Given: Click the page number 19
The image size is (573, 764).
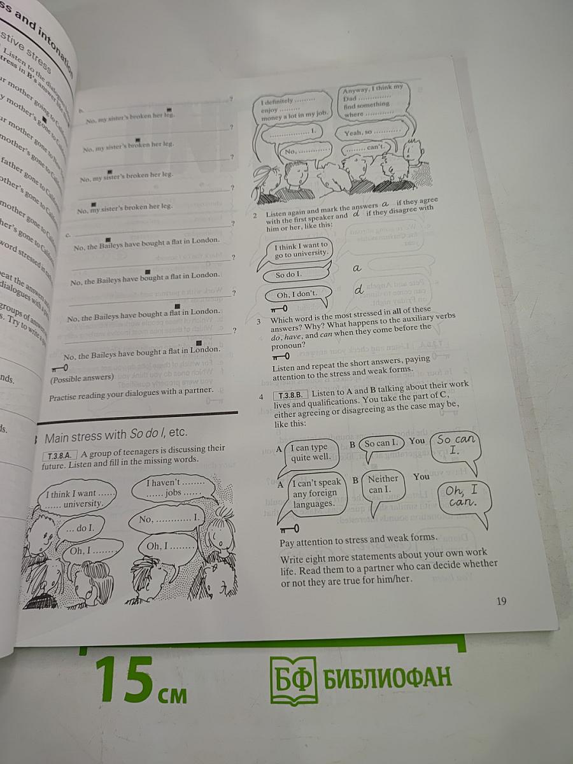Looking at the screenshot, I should (x=501, y=601).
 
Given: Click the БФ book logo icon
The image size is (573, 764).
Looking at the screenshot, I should (x=293, y=680).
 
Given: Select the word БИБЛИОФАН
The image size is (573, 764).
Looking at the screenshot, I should (x=388, y=677).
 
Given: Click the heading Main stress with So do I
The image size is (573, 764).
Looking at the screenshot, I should (x=115, y=433).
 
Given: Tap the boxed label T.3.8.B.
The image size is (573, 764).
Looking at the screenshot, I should (x=290, y=395).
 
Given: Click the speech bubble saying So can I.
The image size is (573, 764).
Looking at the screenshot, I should (x=382, y=443).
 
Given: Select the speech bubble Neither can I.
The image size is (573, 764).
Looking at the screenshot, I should (x=384, y=484).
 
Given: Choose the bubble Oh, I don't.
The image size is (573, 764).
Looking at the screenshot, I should (x=297, y=294).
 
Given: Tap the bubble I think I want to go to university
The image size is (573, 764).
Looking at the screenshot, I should (x=301, y=250).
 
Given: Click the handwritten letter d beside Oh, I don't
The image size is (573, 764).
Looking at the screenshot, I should (x=359, y=290).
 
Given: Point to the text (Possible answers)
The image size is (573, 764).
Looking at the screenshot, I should (x=82, y=377).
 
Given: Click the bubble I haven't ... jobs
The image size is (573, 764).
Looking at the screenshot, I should (x=167, y=488).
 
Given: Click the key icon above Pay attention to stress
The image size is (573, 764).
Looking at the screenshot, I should (x=288, y=528).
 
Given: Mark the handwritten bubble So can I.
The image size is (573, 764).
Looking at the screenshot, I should (x=456, y=444).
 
